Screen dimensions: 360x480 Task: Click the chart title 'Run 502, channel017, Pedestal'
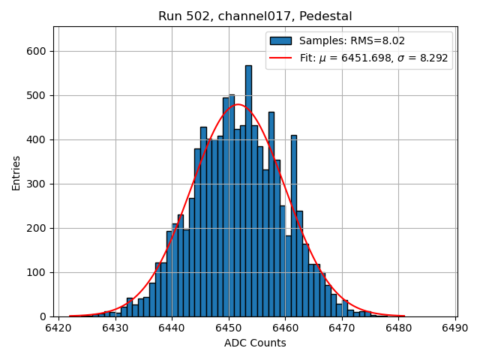coord(255,16)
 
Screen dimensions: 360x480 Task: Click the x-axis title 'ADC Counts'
coord(255,343)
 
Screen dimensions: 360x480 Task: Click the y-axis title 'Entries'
coord(16,172)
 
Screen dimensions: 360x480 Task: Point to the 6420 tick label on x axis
coord(58,328)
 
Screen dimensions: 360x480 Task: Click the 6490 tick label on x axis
coord(455,328)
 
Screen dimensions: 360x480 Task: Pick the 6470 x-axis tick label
coord(342,328)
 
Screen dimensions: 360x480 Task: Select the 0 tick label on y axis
coord(44,316)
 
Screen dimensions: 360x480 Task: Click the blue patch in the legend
coord(281,40)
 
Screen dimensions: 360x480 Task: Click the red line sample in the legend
coord(281,57)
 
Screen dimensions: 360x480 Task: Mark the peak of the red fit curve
coord(238,104)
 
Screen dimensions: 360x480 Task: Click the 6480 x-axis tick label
coord(399,328)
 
